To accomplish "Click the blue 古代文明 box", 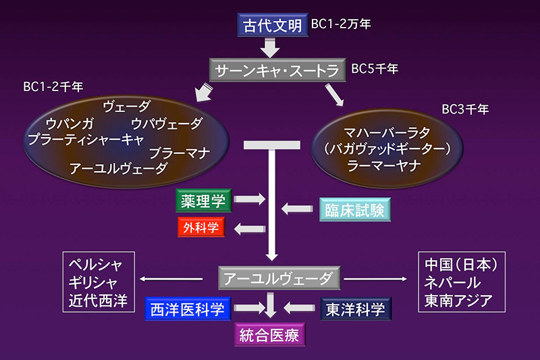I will (x=273, y=26).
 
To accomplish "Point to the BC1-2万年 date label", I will (x=341, y=24).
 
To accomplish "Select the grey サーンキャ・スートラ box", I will (x=276, y=70).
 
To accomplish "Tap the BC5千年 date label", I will (x=375, y=68).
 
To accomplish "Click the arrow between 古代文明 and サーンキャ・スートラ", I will (x=271, y=47).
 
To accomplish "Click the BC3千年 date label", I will (x=465, y=108).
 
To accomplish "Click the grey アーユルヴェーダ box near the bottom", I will (x=276, y=278).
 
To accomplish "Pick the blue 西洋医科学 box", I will (x=188, y=309).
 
